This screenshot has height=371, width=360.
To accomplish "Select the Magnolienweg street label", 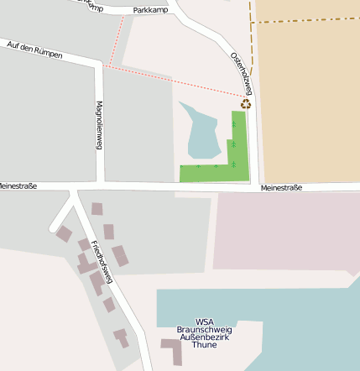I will coord(99,125).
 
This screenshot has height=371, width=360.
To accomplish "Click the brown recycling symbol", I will coord(246,104).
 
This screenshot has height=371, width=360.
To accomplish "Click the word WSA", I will coord(204,321).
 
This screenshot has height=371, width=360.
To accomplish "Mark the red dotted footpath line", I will coord(176,81).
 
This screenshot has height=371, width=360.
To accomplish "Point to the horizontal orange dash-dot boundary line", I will coord(306,19).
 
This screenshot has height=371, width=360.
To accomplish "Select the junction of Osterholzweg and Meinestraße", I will coord(254,186).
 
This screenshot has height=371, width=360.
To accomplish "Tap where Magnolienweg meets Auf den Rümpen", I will coord(99,64).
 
